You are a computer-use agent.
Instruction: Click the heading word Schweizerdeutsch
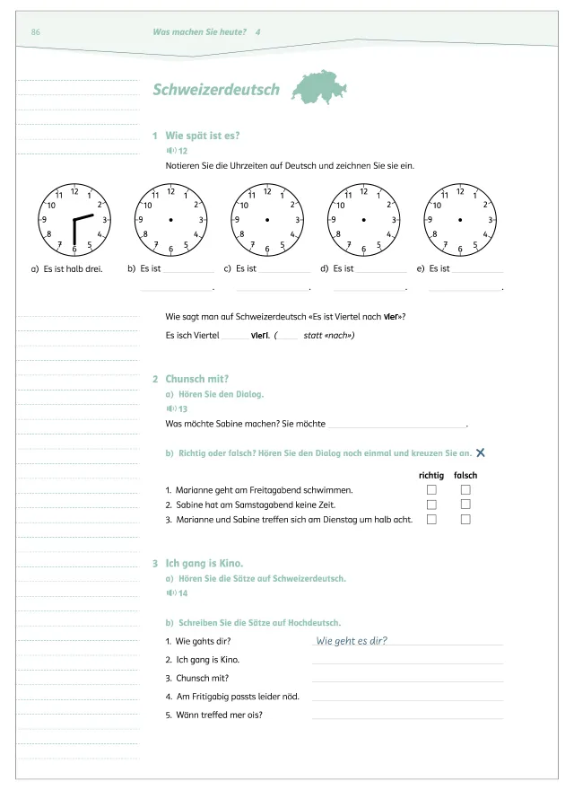tap(216, 90)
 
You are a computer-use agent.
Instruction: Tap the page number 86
tap(36, 32)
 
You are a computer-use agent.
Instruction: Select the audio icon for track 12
tap(170, 151)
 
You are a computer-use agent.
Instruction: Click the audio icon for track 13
tap(170, 408)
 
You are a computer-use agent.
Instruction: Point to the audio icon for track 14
tap(170, 593)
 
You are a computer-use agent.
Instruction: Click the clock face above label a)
tap(74, 219)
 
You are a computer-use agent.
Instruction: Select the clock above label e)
tap(460, 219)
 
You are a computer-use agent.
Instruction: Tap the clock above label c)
tap(267, 219)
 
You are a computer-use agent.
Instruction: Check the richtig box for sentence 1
tap(431, 490)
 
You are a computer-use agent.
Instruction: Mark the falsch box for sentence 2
tap(465, 505)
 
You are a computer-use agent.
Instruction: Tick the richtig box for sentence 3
tap(431, 519)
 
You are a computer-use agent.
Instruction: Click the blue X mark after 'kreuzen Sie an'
tap(482, 453)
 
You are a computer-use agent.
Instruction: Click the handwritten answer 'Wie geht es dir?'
tap(358, 640)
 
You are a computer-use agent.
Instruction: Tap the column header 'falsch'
tap(465, 475)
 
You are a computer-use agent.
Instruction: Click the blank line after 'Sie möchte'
tap(397, 424)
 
